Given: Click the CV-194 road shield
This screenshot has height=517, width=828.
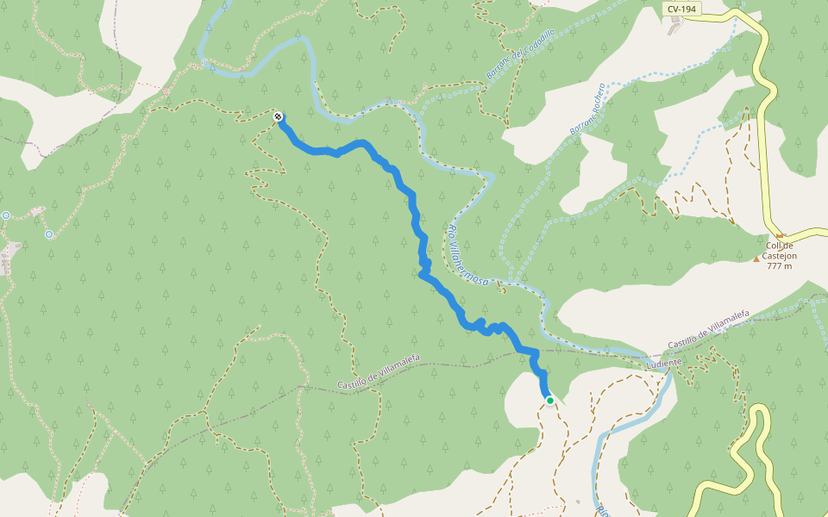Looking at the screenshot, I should (681, 9).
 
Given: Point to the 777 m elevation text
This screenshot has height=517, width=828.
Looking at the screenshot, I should (779, 265).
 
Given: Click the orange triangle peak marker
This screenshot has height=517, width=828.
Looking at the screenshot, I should (756, 258).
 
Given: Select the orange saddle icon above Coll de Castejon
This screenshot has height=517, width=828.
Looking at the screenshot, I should (780, 235).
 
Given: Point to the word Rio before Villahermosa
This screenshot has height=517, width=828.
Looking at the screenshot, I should (452, 231).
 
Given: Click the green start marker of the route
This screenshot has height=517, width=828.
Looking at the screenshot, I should (549, 400).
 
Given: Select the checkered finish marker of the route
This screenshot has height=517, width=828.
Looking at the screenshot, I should (278, 116).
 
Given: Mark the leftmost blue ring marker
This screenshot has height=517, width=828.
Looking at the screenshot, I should (5, 215).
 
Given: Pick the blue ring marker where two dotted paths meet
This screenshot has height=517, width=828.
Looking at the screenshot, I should (49, 234).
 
